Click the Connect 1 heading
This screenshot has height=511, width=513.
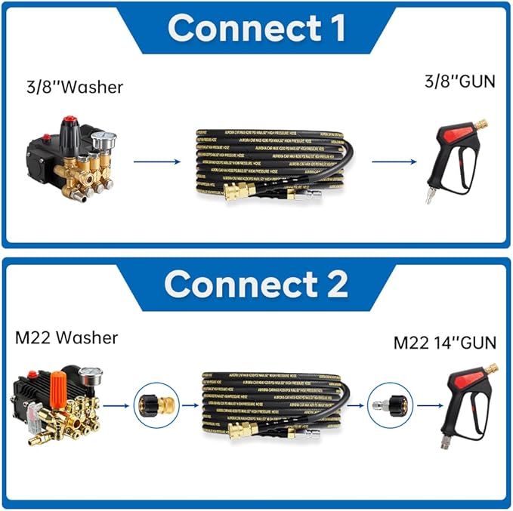(x=256, y=28)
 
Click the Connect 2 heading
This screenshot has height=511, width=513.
(x=256, y=285)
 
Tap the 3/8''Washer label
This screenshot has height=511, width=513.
(x=73, y=87)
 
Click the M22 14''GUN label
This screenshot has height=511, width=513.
(x=445, y=343)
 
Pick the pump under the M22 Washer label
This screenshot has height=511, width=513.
(x=57, y=408)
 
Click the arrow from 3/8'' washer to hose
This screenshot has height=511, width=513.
(x=156, y=161)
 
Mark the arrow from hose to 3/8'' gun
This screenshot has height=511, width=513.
(x=394, y=161)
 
